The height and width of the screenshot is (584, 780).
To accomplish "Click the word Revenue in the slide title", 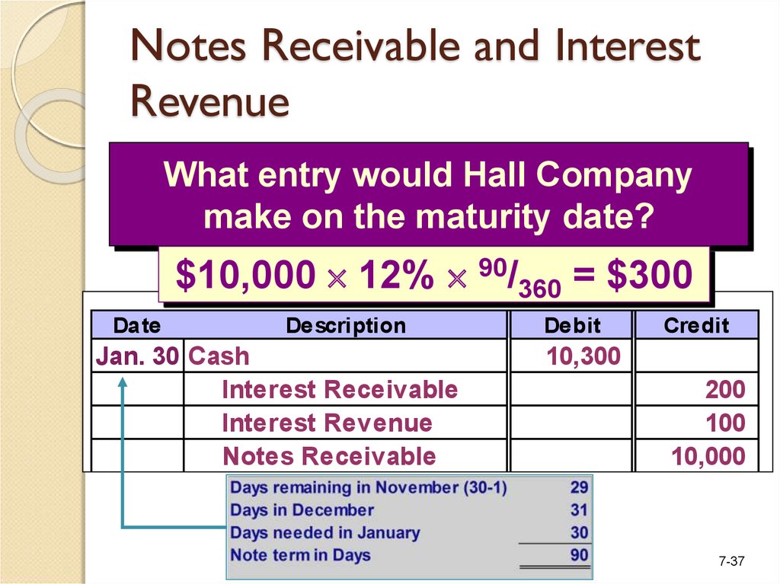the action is (x=210, y=101).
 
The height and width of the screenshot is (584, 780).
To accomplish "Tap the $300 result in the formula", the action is (x=650, y=274).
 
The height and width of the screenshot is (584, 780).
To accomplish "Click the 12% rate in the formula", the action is (x=396, y=274).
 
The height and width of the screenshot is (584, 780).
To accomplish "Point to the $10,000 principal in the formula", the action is (x=245, y=275).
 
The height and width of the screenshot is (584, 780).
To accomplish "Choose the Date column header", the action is (x=137, y=326).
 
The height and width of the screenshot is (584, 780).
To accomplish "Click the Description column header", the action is (x=346, y=326).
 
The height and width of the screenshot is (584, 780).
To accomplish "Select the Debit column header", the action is (x=572, y=326).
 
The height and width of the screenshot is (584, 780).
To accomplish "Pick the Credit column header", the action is (x=696, y=326).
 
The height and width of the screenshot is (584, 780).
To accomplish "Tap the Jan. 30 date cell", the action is (x=137, y=356).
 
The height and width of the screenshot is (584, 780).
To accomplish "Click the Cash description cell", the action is (x=219, y=356).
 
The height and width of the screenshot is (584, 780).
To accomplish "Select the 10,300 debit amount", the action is (x=583, y=356).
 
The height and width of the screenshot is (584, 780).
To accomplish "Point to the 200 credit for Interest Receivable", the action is (x=725, y=390).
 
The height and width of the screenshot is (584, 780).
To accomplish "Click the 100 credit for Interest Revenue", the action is (x=725, y=423).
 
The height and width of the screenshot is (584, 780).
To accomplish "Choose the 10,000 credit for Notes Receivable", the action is (x=708, y=456).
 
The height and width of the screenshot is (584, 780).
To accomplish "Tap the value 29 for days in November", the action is (x=579, y=487).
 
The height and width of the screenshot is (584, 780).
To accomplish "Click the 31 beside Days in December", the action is (x=579, y=510).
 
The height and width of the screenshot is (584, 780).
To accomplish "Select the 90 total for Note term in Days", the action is (x=579, y=554).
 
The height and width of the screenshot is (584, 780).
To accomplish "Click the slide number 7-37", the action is (x=731, y=561).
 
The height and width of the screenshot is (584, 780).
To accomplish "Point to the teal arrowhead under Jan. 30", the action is (x=123, y=382).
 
